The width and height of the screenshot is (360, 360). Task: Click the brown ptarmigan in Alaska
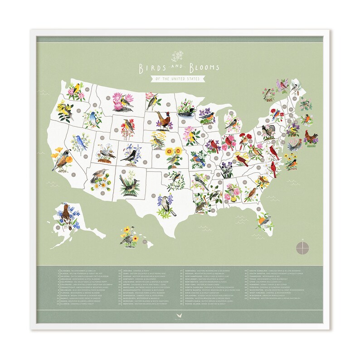(x=66, y=214)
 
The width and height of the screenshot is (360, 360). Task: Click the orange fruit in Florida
(x=262, y=221)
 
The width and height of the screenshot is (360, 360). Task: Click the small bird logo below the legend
(x=180, y=317)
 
